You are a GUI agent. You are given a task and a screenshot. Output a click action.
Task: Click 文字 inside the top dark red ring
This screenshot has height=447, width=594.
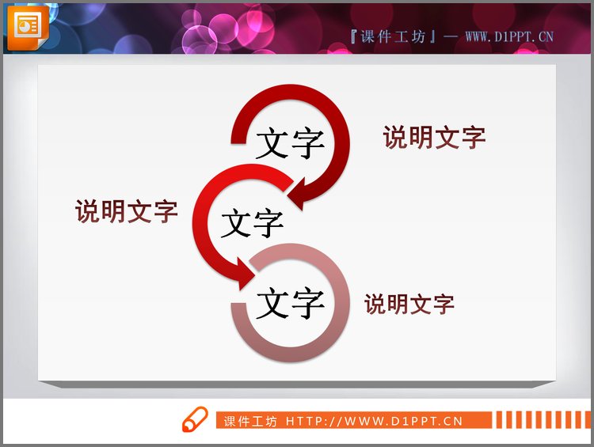[290, 144]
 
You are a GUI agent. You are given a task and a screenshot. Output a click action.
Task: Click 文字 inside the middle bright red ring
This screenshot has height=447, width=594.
[252, 223]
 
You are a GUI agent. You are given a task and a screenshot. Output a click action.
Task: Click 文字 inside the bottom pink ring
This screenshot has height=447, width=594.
[290, 302]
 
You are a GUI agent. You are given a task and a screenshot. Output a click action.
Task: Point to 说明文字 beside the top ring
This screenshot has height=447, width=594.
[434, 137]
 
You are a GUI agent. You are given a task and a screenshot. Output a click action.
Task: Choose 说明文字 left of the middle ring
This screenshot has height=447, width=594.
[127, 210]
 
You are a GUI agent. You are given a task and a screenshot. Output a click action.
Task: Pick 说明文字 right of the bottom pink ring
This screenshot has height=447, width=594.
[409, 304]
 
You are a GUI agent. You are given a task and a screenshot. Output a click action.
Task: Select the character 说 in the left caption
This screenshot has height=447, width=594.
[88, 210]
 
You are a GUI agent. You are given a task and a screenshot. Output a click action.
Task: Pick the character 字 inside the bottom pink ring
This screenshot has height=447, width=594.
[307, 302]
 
